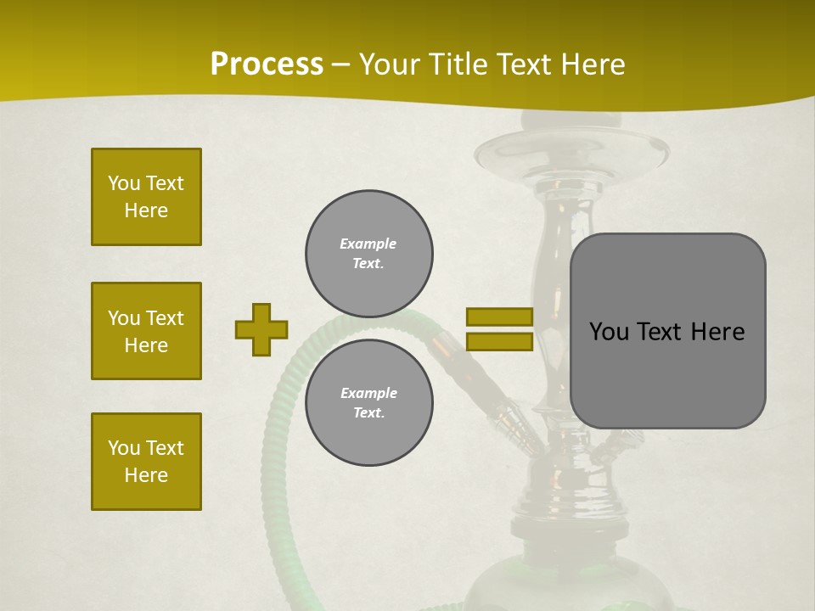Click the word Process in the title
coord(267,64)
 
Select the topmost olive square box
coord(146,197)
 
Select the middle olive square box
coord(146,331)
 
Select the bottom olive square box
coord(146,462)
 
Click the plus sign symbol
coord(261,329)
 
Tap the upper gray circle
coord(368,254)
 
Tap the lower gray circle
coord(368,403)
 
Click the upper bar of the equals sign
coord(499,317)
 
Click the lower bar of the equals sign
coord(499,342)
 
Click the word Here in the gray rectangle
coord(718,332)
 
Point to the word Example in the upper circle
coord(368,244)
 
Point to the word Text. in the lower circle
coord(368,413)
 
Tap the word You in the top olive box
coord(124,183)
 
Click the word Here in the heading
coord(593,64)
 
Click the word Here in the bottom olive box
coord(146,475)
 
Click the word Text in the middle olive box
coord(166,318)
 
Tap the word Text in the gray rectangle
coord(660,332)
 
